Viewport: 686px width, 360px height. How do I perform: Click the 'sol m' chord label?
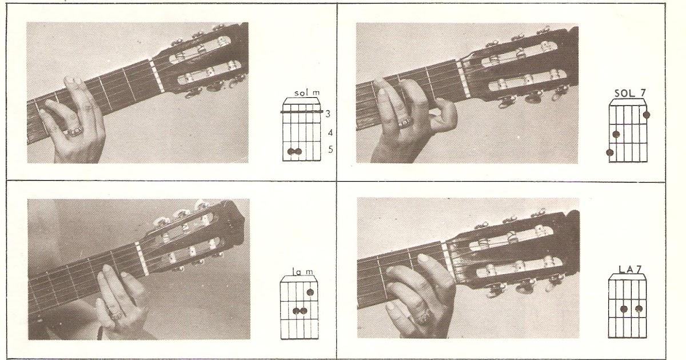click(307, 93)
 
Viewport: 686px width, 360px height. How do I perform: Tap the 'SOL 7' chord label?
click(630, 93)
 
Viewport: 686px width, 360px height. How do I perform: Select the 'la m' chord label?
click(302, 271)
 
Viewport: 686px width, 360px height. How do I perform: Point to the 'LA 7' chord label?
click(630, 269)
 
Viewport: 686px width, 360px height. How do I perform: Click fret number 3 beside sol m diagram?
click(328, 114)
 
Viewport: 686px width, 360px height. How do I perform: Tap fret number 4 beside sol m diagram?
click(330, 133)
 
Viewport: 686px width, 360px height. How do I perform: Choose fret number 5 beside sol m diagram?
click(330, 149)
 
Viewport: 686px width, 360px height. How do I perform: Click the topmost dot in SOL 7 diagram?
click(647, 115)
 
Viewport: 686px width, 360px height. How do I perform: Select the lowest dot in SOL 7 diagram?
click(610, 153)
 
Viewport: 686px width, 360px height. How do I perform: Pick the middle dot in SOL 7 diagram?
click(616, 134)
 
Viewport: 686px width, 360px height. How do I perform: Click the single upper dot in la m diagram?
click(310, 293)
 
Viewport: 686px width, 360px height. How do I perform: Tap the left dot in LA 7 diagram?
click(624, 309)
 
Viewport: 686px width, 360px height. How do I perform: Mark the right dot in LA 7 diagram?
click(639, 309)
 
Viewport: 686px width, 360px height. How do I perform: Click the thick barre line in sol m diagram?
click(302, 112)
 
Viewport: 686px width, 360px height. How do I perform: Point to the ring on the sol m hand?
click(74, 131)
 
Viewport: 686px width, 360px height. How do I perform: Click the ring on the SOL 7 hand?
click(404, 123)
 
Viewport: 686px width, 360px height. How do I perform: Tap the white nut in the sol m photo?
click(157, 75)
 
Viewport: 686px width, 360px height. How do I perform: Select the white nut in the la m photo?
click(142, 259)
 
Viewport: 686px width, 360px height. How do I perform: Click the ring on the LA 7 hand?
click(422, 316)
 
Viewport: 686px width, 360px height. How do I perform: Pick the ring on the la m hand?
click(117, 315)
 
